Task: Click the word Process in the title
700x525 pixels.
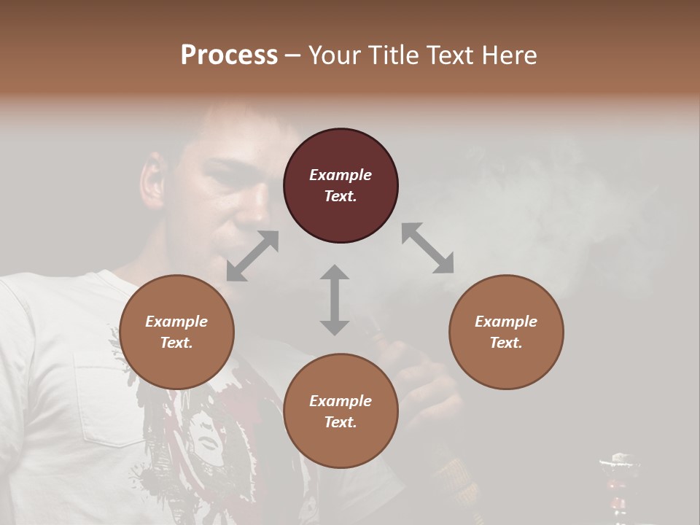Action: click(229, 55)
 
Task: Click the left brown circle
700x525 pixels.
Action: click(176, 332)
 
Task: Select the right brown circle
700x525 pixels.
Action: click(505, 332)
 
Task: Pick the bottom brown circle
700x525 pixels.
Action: click(341, 411)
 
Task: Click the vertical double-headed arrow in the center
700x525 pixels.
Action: click(335, 300)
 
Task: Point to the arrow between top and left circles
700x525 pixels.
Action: click(252, 256)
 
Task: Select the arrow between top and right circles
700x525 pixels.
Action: click(427, 248)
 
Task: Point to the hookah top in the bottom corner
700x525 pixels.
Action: click(616, 467)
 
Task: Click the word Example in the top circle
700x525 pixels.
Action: click(341, 175)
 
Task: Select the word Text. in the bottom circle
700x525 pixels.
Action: click(341, 422)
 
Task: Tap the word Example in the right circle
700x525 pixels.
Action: click(505, 322)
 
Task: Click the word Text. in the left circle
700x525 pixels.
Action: click(176, 343)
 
